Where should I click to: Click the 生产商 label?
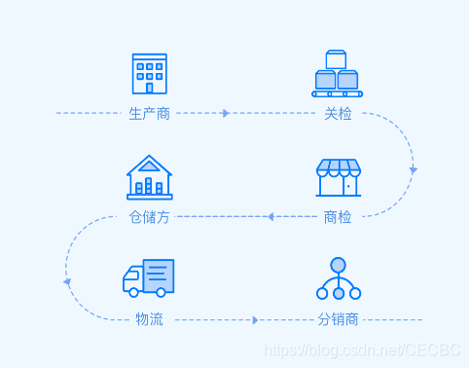click(150, 114)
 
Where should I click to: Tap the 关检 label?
click(339, 114)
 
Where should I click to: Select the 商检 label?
click(339, 217)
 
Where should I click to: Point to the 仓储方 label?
click(150, 217)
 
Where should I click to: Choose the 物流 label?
click(150, 320)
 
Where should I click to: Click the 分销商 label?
click(339, 320)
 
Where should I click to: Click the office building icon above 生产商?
click(150, 74)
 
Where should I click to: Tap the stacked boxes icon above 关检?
click(337, 74)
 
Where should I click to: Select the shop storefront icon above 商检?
click(339, 178)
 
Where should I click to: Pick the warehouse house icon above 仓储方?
click(150, 177)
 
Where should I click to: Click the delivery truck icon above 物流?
click(148, 278)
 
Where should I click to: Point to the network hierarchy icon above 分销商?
click(339, 279)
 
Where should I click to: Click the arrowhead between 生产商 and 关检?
click(226, 114)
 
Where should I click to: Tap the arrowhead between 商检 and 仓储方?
click(270, 217)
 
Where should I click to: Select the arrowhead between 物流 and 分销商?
click(255, 320)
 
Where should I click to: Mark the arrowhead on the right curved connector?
click(414, 170)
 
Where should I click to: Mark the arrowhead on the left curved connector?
click(67, 282)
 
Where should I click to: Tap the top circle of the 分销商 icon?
click(339, 265)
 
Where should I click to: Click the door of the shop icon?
click(348, 185)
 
